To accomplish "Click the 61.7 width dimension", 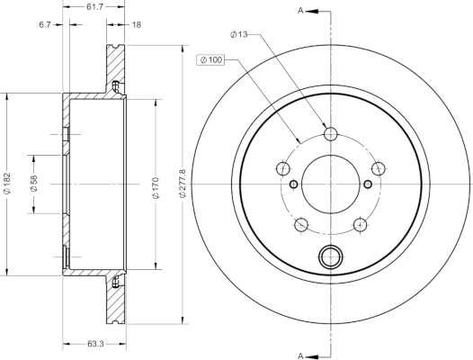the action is [94, 6].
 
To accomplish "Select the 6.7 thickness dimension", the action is [45, 25].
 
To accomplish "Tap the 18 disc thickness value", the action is [137, 25].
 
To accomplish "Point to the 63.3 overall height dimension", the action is [95, 344].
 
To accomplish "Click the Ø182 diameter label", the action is [7, 183].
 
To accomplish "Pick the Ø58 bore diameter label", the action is [33, 184].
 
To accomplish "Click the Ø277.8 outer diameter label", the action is [183, 184].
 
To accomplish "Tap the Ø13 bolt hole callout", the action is [238, 34].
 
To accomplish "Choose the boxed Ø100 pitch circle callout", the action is [210, 59].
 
